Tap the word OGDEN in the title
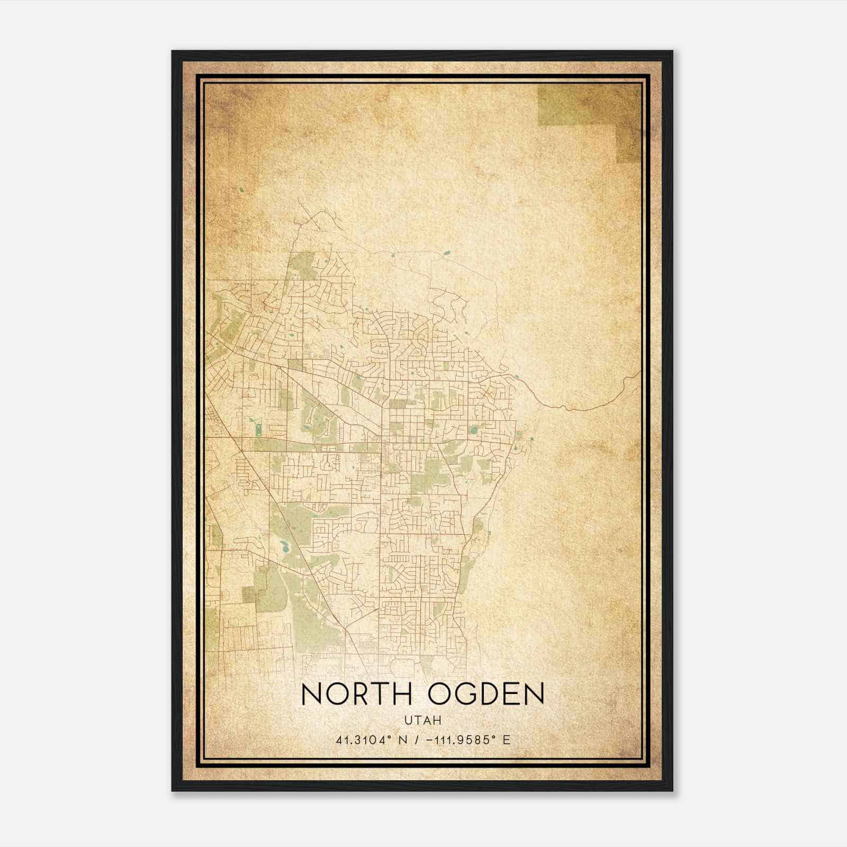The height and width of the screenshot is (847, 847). pyautogui.click(x=486, y=694)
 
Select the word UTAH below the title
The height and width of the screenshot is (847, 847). pyautogui.click(x=422, y=720)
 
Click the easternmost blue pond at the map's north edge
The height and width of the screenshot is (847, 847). pyautogui.click(x=446, y=254)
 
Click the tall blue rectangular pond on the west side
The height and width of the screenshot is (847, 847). pyautogui.click(x=258, y=429)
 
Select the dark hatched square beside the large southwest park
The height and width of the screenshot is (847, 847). pyautogui.click(x=248, y=594)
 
